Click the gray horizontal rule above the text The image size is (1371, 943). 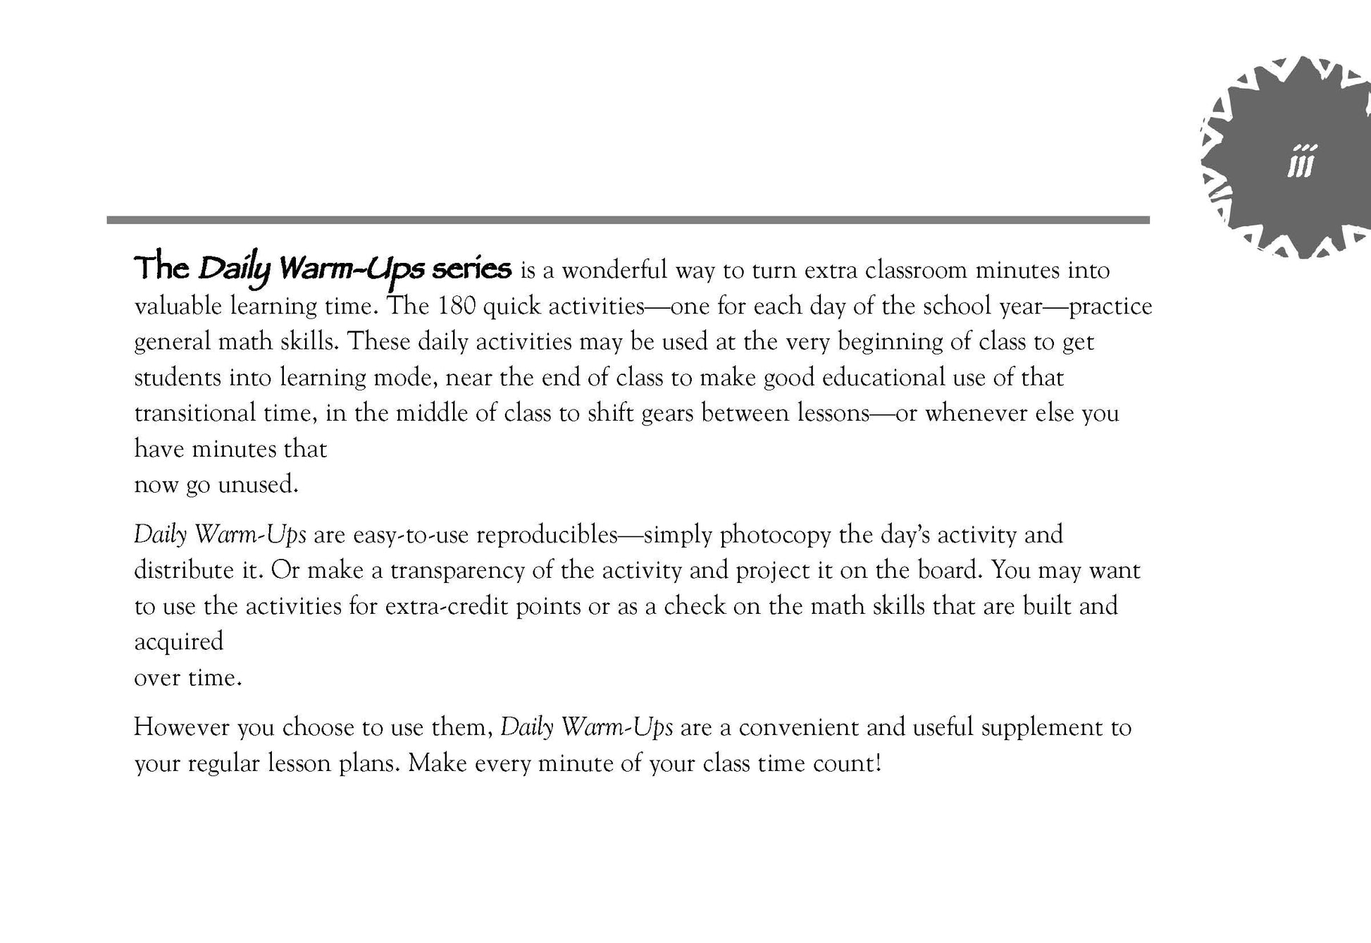point(627,220)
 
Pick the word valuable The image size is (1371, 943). point(178,306)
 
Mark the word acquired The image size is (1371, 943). point(179,642)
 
